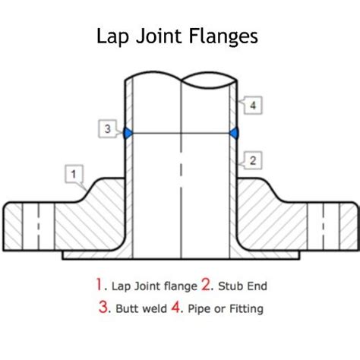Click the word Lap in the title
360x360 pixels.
114,36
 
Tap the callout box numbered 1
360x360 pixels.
74,175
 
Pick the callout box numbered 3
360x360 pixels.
108,129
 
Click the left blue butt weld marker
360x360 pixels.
128,133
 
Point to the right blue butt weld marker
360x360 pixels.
235,133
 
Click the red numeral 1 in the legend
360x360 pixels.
99,286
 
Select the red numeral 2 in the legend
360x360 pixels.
207,286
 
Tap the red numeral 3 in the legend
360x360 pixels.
103,308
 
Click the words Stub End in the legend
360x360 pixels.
242,287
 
